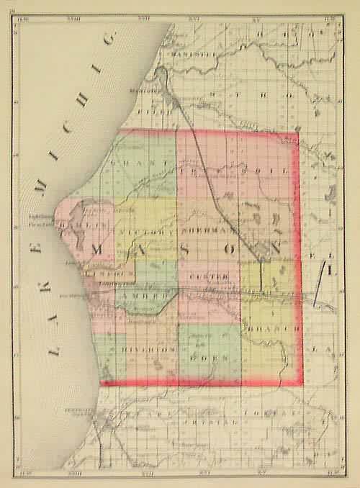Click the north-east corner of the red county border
click(297, 132)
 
